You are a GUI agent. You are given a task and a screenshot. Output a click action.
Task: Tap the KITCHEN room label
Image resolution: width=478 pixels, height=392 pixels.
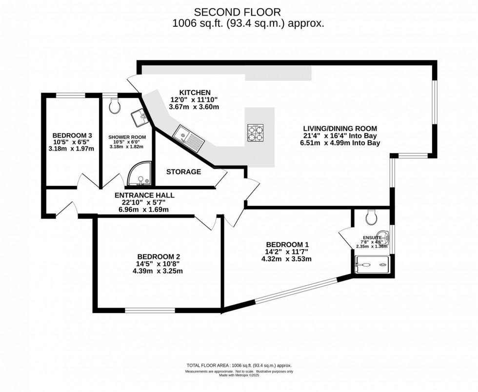pos(195,92)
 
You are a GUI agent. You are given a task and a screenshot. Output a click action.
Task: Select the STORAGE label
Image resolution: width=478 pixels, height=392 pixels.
pos(183,172)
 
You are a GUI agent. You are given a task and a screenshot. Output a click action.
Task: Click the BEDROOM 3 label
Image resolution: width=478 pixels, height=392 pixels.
pos(73,136)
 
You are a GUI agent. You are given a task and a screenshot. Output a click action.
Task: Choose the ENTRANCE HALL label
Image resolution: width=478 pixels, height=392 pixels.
pos(144,195)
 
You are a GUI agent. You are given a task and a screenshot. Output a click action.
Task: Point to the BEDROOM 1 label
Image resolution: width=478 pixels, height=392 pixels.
pos(287,244)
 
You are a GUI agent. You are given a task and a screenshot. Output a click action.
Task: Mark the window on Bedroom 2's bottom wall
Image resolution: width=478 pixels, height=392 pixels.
pos(151,309)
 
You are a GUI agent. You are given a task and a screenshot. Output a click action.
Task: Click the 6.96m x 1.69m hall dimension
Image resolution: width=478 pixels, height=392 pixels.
pos(144,210)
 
